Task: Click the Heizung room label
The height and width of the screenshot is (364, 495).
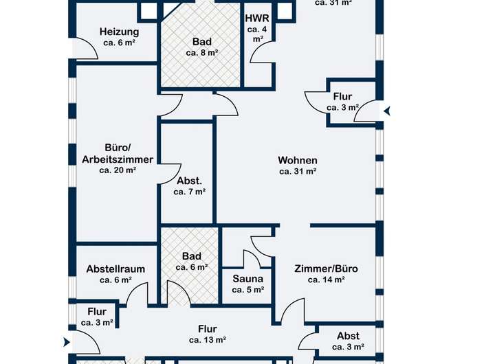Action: [x=119, y=32]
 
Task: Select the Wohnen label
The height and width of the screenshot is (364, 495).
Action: [x=298, y=161]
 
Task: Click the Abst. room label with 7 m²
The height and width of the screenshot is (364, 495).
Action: [x=189, y=181]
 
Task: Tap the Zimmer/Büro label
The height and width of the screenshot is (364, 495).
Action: [x=326, y=269]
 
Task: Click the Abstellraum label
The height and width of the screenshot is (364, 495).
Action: [x=115, y=269]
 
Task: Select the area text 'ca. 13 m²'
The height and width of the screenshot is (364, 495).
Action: [x=208, y=339]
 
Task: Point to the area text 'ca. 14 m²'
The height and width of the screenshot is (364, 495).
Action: [x=326, y=280]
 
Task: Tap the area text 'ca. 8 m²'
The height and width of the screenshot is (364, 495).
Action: [x=202, y=52]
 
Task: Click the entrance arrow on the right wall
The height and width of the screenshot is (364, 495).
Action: [x=387, y=110]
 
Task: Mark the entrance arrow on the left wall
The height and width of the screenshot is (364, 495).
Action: [x=66, y=342]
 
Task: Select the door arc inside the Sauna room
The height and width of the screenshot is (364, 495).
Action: [x=252, y=260]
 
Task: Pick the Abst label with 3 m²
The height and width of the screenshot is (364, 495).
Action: [x=348, y=336]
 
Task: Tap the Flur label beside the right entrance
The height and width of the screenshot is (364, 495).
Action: [x=342, y=97]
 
